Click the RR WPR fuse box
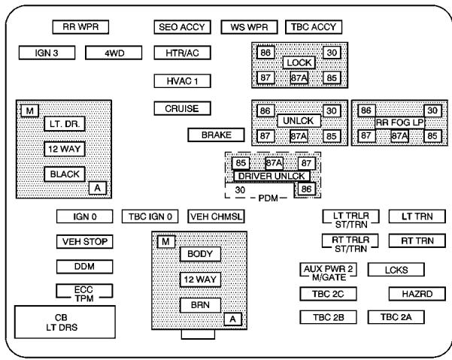[x=80, y=28]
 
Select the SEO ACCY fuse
[x=182, y=28]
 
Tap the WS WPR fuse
[x=248, y=28]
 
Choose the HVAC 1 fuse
[x=182, y=80]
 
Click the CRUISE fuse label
[x=182, y=109]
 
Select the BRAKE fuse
[x=217, y=135]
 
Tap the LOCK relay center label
[x=299, y=63]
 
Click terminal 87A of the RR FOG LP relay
[x=399, y=136]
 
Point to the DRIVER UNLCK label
[x=272, y=176]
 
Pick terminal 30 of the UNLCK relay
[x=331, y=110]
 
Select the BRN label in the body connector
[x=200, y=305]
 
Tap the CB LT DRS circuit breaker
[x=66, y=322]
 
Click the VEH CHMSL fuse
[x=217, y=217]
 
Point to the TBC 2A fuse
[x=396, y=317]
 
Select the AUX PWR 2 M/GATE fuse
[x=328, y=271]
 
